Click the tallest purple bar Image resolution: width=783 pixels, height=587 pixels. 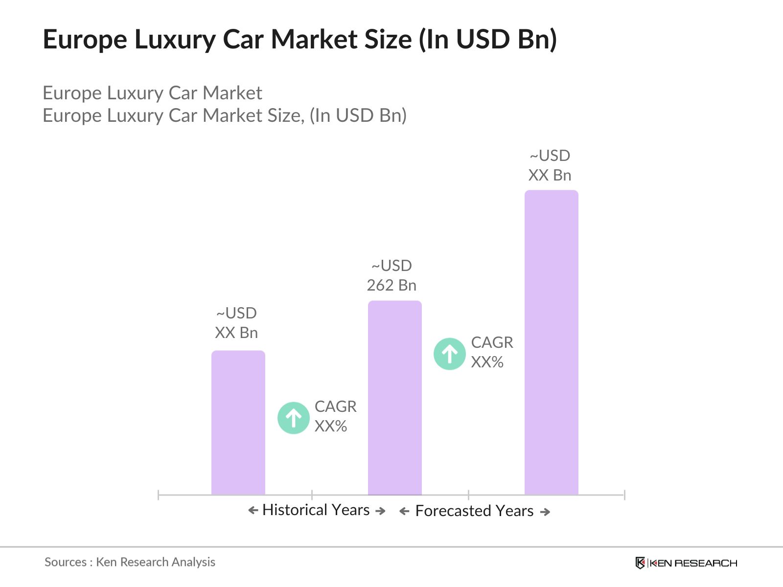[x=551, y=342]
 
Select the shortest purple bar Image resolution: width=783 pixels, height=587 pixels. [x=238, y=423]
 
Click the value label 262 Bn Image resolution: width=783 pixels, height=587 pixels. [x=391, y=285]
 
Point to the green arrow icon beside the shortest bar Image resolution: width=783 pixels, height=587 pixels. [x=293, y=418]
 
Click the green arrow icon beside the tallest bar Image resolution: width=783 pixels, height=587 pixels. [x=449, y=354]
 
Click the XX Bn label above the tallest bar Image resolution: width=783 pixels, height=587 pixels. [x=550, y=175]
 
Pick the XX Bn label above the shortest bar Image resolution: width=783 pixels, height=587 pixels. [x=236, y=333]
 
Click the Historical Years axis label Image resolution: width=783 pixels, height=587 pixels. [x=316, y=510]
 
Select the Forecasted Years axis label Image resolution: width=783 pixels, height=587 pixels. [x=474, y=511]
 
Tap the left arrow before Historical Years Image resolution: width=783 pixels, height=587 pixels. [x=253, y=511]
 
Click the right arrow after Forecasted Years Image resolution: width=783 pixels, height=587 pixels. [x=545, y=512]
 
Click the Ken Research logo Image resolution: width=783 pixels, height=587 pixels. [x=686, y=563]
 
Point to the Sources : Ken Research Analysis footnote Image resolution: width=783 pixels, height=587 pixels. [x=130, y=562]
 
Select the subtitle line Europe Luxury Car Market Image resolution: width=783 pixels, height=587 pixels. [x=152, y=93]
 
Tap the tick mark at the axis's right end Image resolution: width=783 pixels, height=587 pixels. [x=624, y=495]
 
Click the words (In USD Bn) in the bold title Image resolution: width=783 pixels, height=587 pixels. [x=487, y=39]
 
